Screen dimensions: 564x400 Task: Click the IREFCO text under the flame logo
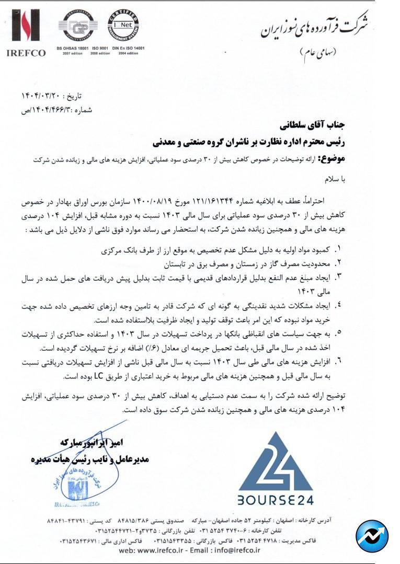pyautogui.click(x=26, y=52)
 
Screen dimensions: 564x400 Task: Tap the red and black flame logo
pyautogui.click(x=26, y=26)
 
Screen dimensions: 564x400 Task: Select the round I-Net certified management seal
pyautogui.click(x=123, y=26)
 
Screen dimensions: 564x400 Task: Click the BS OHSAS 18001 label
pyautogui.click(x=73, y=48)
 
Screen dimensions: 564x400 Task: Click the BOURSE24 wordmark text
pyautogui.click(x=276, y=500)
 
